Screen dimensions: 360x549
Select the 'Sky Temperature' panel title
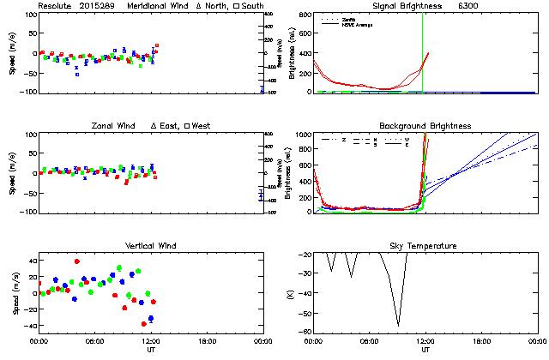(425, 246)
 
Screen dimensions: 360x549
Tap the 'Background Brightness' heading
(425, 126)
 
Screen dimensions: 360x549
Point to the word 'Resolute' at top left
(57, 6)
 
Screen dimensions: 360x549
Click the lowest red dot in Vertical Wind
(143, 324)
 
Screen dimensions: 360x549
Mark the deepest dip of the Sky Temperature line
(398, 326)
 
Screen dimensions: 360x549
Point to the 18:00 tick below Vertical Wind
(206, 341)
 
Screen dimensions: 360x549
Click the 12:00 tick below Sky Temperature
(425, 341)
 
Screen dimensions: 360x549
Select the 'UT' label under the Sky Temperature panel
(425, 350)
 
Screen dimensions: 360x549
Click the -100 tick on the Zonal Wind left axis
(25, 212)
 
